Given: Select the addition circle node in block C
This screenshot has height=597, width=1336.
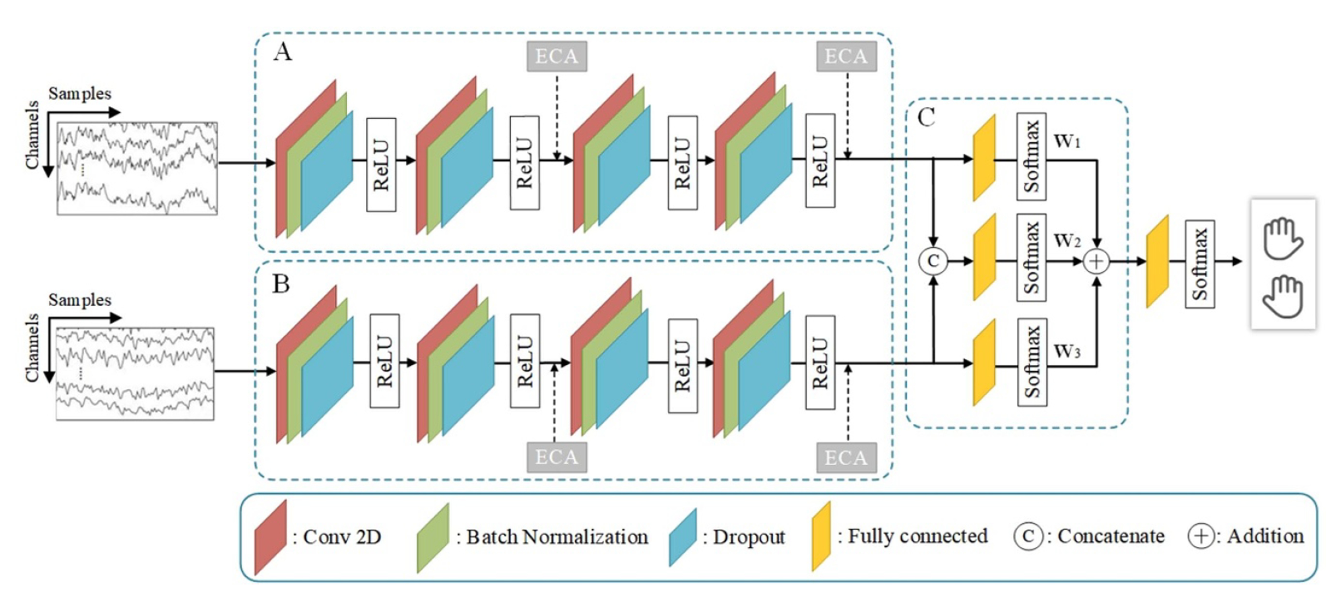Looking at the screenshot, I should (1096, 261).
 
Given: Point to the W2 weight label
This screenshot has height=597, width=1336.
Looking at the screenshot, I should (1067, 241).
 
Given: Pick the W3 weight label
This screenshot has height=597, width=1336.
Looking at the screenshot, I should (1067, 352).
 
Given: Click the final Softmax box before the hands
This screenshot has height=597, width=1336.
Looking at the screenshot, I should (1200, 264).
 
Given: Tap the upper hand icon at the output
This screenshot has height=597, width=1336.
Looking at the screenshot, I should (1283, 238).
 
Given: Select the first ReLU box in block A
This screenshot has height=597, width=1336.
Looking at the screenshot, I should (381, 165).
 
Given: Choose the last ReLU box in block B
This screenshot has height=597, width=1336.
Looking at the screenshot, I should (820, 362).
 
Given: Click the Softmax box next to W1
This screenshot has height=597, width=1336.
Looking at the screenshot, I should (1031, 157).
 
